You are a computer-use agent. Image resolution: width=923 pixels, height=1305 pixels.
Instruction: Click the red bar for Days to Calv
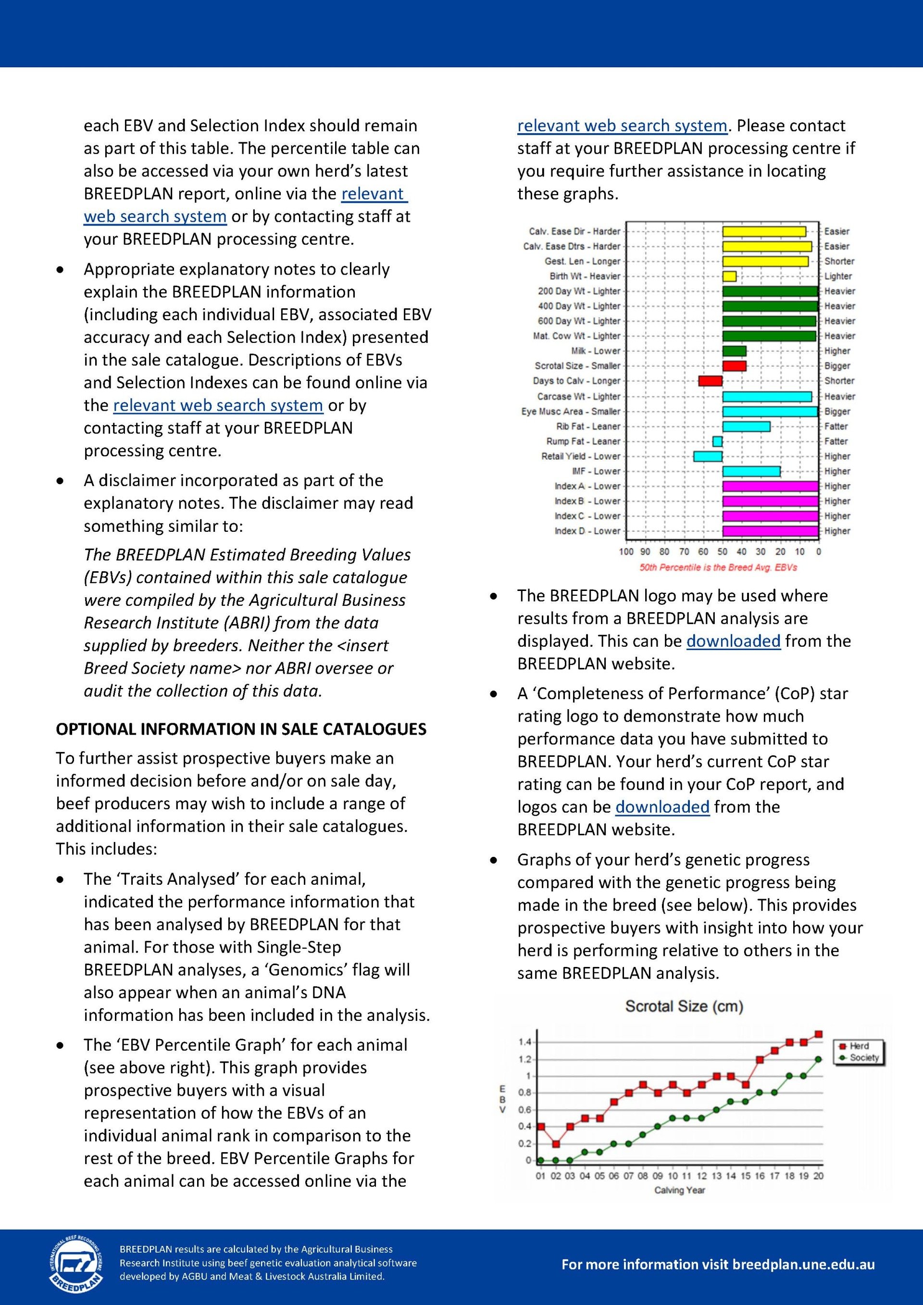(x=711, y=381)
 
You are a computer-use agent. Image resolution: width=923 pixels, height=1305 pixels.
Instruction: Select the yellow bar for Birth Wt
(x=729, y=276)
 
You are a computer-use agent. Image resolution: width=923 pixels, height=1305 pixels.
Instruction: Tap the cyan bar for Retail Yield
(x=708, y=456)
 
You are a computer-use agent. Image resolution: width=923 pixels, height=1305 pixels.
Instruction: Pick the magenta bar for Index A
(x=770, y=486)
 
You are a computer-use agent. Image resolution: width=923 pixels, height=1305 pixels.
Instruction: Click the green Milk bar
(x=734, y=351)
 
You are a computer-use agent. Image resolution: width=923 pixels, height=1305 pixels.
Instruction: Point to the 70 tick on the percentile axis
(x=684, y=552)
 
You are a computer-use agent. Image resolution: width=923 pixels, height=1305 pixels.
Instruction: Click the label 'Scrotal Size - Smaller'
(x=577, y=366)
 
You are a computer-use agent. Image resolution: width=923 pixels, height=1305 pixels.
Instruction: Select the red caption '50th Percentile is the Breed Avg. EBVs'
(x=718, y=567)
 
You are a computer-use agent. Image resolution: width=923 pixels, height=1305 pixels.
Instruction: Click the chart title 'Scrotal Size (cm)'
(x=684, y=1006)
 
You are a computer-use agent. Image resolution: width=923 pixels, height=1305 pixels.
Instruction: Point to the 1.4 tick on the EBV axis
(x=524, y=1042)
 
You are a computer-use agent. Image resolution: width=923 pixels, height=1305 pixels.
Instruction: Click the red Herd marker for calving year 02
(x=555, y=1143)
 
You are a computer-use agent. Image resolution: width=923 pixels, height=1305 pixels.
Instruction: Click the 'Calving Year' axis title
(x=679, y=1190)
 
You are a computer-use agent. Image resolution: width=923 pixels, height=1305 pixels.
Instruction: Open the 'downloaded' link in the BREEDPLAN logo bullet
(x=733, y=641)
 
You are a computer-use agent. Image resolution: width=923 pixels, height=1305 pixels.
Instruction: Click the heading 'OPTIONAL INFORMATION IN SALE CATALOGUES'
(x=241, y=729)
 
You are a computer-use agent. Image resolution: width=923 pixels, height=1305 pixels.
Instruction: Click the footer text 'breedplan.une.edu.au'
(x=803, y=1265)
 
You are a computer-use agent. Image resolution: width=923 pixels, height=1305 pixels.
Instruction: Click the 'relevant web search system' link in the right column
(x=622, y=125)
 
